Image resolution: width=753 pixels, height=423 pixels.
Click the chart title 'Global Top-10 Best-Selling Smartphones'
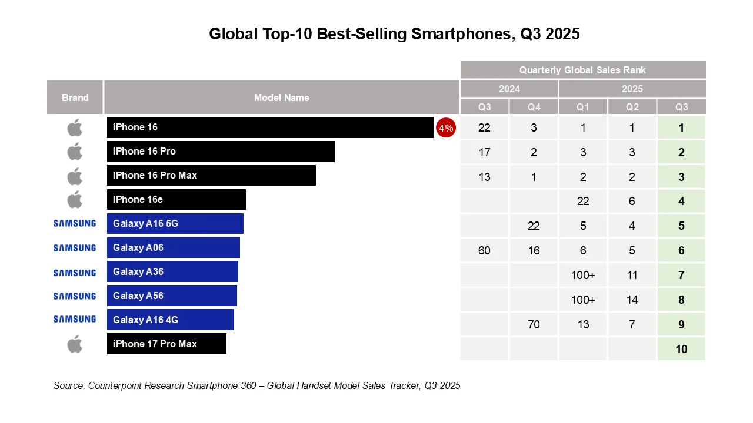(394, 34)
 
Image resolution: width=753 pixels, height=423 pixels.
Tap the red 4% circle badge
(445, 128)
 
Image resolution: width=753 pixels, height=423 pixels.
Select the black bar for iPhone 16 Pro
(221, 152)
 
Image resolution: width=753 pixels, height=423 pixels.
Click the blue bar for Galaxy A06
(173, 248)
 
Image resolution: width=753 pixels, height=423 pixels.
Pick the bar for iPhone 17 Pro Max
(166, 344)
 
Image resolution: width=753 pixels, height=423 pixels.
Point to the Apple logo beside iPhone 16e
(75, 200)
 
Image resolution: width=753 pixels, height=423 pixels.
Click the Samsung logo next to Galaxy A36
(75, 273)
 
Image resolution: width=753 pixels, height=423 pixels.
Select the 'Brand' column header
(75, 98)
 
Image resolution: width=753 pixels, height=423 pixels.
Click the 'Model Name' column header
(281, 98)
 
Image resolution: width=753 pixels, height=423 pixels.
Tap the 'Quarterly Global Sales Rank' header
(582, 70)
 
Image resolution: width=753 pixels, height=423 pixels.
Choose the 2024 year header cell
(509, 89)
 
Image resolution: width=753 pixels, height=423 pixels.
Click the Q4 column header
(534, 107)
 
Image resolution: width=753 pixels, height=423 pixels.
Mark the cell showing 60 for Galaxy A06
(484, 251)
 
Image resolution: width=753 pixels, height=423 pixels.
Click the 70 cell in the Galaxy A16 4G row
(534, 324)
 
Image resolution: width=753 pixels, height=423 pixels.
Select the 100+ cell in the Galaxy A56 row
(583, 300)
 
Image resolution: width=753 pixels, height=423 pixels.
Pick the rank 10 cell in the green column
(681, 349)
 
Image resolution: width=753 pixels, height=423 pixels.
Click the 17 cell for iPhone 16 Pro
(484, 152)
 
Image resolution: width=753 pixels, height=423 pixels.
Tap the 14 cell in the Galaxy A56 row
(632, 300)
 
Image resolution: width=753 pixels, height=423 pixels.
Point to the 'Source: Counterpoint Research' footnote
(256, 386)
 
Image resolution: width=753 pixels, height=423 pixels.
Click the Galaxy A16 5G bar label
(145, 224)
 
